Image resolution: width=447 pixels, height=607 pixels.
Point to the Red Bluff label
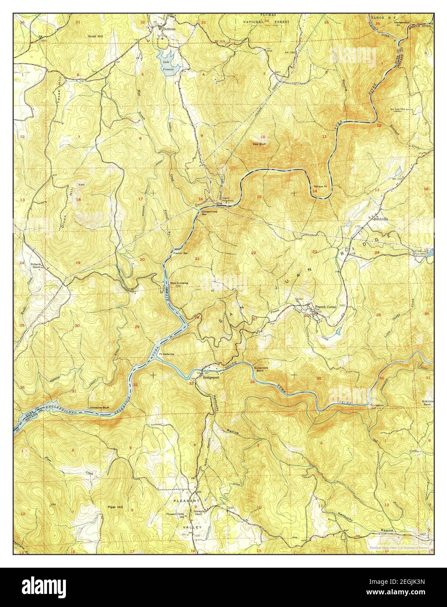click(260, 143)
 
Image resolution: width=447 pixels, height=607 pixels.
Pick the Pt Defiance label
click(166, 354)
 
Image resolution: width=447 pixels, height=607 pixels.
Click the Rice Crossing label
click(179, 283)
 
